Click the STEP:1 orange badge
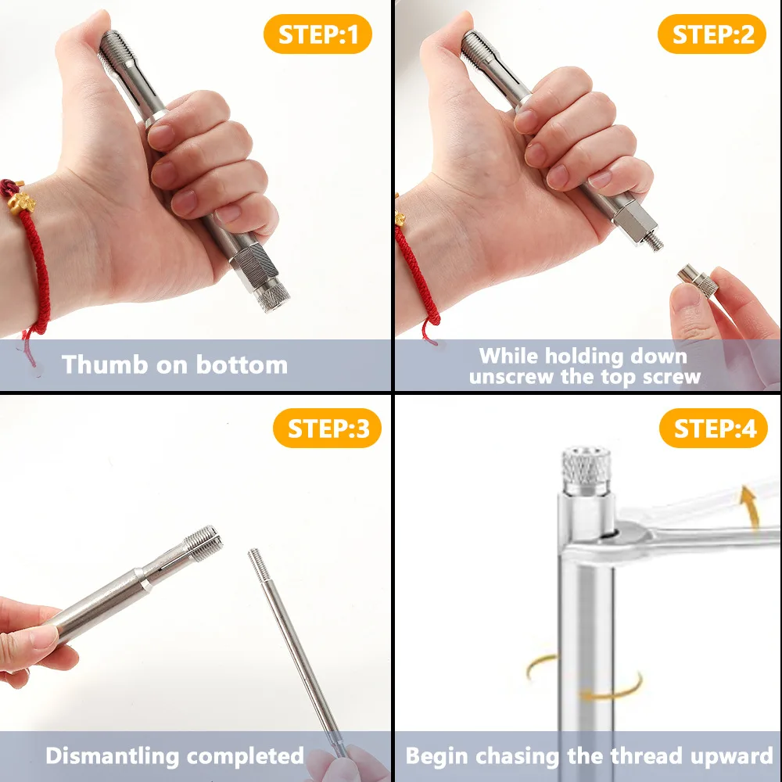click(x=317, y=35)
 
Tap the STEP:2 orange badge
click(x=712, y=35)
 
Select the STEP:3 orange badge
click(x=327, y=429)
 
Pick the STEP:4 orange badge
click(x=713, y=429)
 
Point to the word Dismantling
click(x=113, y=756)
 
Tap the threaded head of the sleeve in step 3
click(x=202, y=541)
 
